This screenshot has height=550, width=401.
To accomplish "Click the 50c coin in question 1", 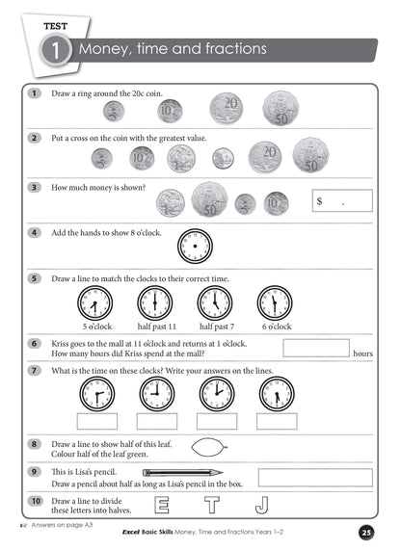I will coord(281,108).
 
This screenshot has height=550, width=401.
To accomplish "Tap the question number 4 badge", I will coord(35,231).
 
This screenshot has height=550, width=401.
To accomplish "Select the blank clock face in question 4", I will coord(194,248).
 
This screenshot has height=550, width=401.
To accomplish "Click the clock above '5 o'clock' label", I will coord(93,302).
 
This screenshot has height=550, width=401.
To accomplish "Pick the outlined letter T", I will coord(211,507).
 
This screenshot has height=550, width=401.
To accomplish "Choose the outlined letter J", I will coord(261,507).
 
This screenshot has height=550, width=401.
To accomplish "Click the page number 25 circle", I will coord(365,533).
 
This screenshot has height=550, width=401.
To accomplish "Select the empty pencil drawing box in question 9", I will coord(315,477).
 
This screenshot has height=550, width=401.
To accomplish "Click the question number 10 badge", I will coord(35,501).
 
